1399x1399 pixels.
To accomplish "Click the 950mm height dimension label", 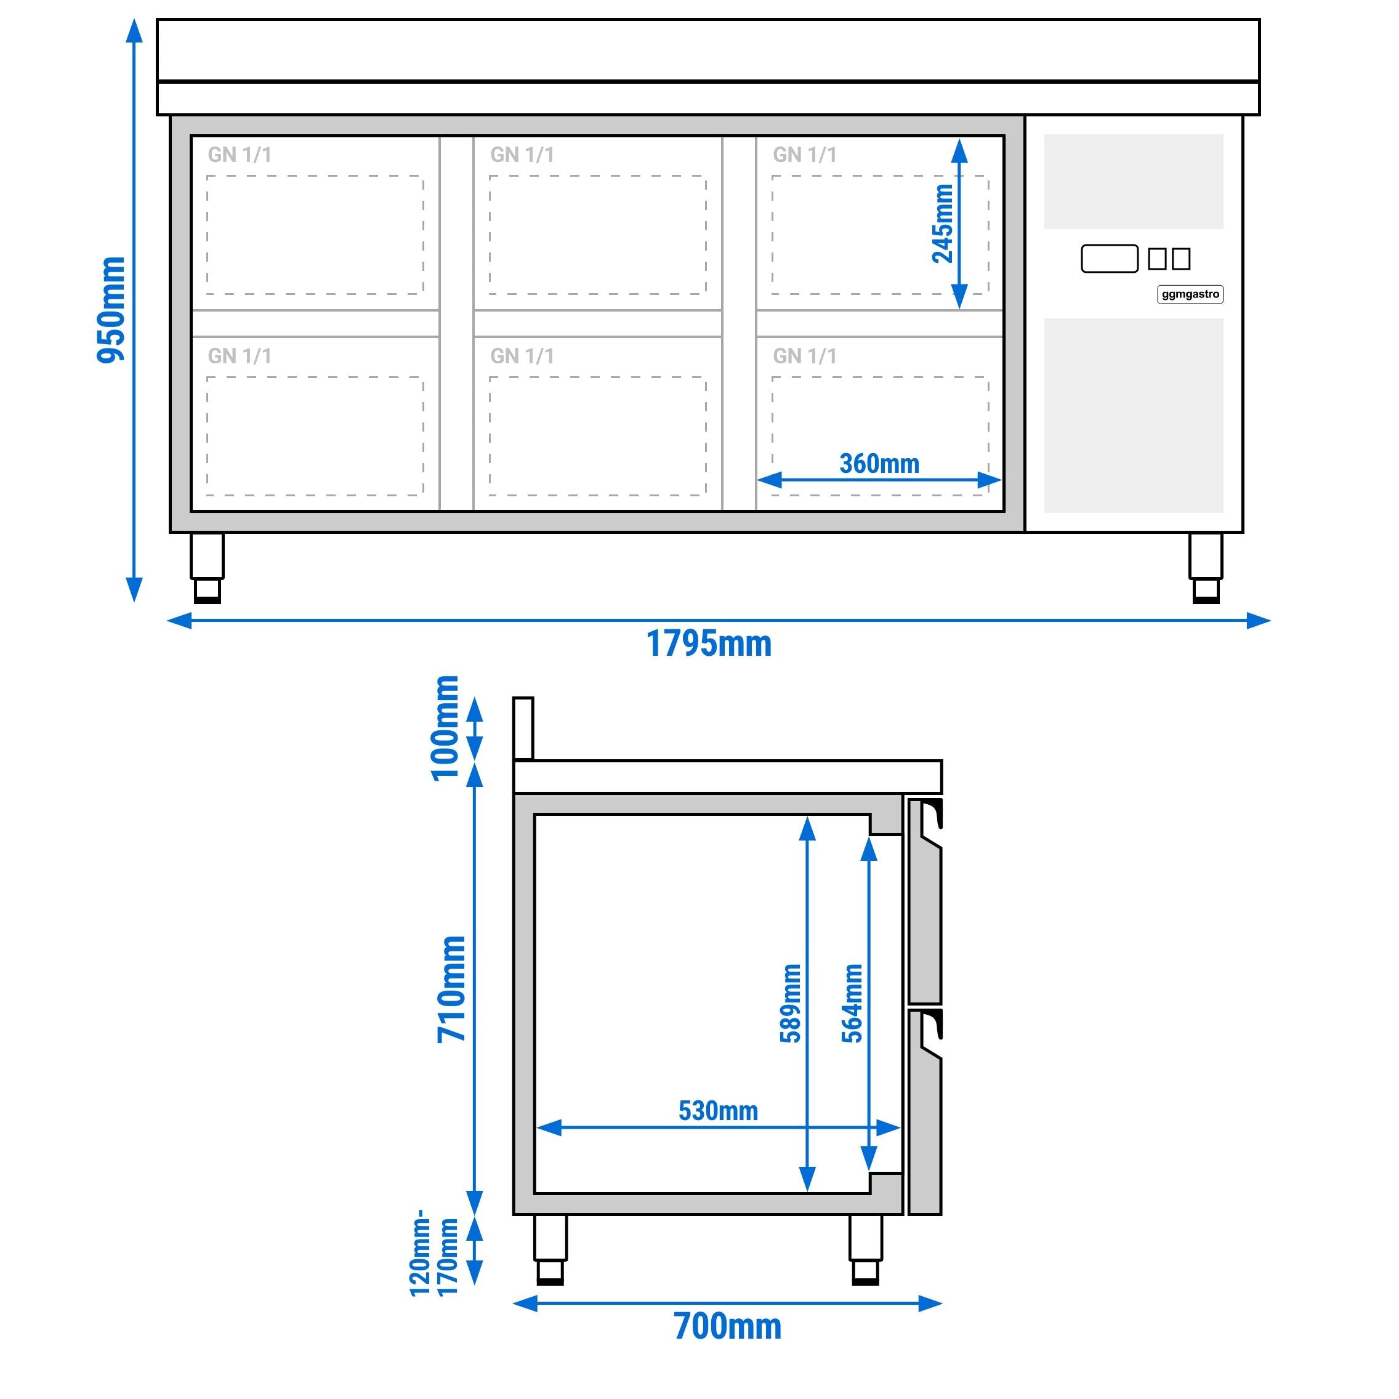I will [x=111, y=309].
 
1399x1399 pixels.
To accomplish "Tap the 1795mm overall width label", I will [x=708, y=643].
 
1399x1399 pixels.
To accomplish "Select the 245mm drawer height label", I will [x=942, y=223].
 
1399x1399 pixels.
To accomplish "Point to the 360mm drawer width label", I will [x=879, y=464].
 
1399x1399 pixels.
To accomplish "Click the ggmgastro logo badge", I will [x=1190, y=294].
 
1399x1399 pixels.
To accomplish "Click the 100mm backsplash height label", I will [x=445, y=728].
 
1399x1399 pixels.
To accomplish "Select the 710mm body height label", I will [x=451, y=989].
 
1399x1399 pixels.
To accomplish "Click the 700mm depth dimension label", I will [x=727, y=1326].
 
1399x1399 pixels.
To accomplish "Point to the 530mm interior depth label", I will [x=717, y=1111].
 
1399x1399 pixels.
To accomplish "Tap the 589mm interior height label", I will [x=791, y=1003].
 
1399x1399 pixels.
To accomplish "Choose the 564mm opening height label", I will [x=852, y=1003].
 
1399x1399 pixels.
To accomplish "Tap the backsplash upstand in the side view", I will [x=523, y=728].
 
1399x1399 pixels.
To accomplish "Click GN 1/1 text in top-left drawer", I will [x=239, y=155].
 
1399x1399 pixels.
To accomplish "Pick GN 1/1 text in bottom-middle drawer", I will [x=522, y=357].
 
